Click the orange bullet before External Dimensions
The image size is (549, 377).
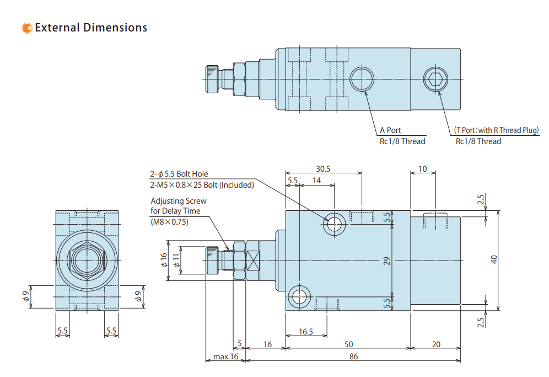coord(26,28)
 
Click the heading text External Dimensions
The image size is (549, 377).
coord(91,28)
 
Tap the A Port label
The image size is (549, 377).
coord(390,130)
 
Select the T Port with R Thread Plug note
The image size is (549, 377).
coord(496,130)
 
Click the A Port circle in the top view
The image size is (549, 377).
coord(363,78)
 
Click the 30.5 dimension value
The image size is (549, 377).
coord(323,169)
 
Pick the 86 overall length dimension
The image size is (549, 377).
coord(353,357)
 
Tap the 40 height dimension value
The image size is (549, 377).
coord(494,258)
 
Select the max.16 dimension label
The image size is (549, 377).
coord(225,357)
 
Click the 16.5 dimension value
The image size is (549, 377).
coord(306,332)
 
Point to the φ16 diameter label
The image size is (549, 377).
coord(163,260)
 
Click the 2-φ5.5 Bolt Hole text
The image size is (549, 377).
coord(179,174)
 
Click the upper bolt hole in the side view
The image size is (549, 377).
coord(335,224)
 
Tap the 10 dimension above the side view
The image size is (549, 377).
coord(423,169)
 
